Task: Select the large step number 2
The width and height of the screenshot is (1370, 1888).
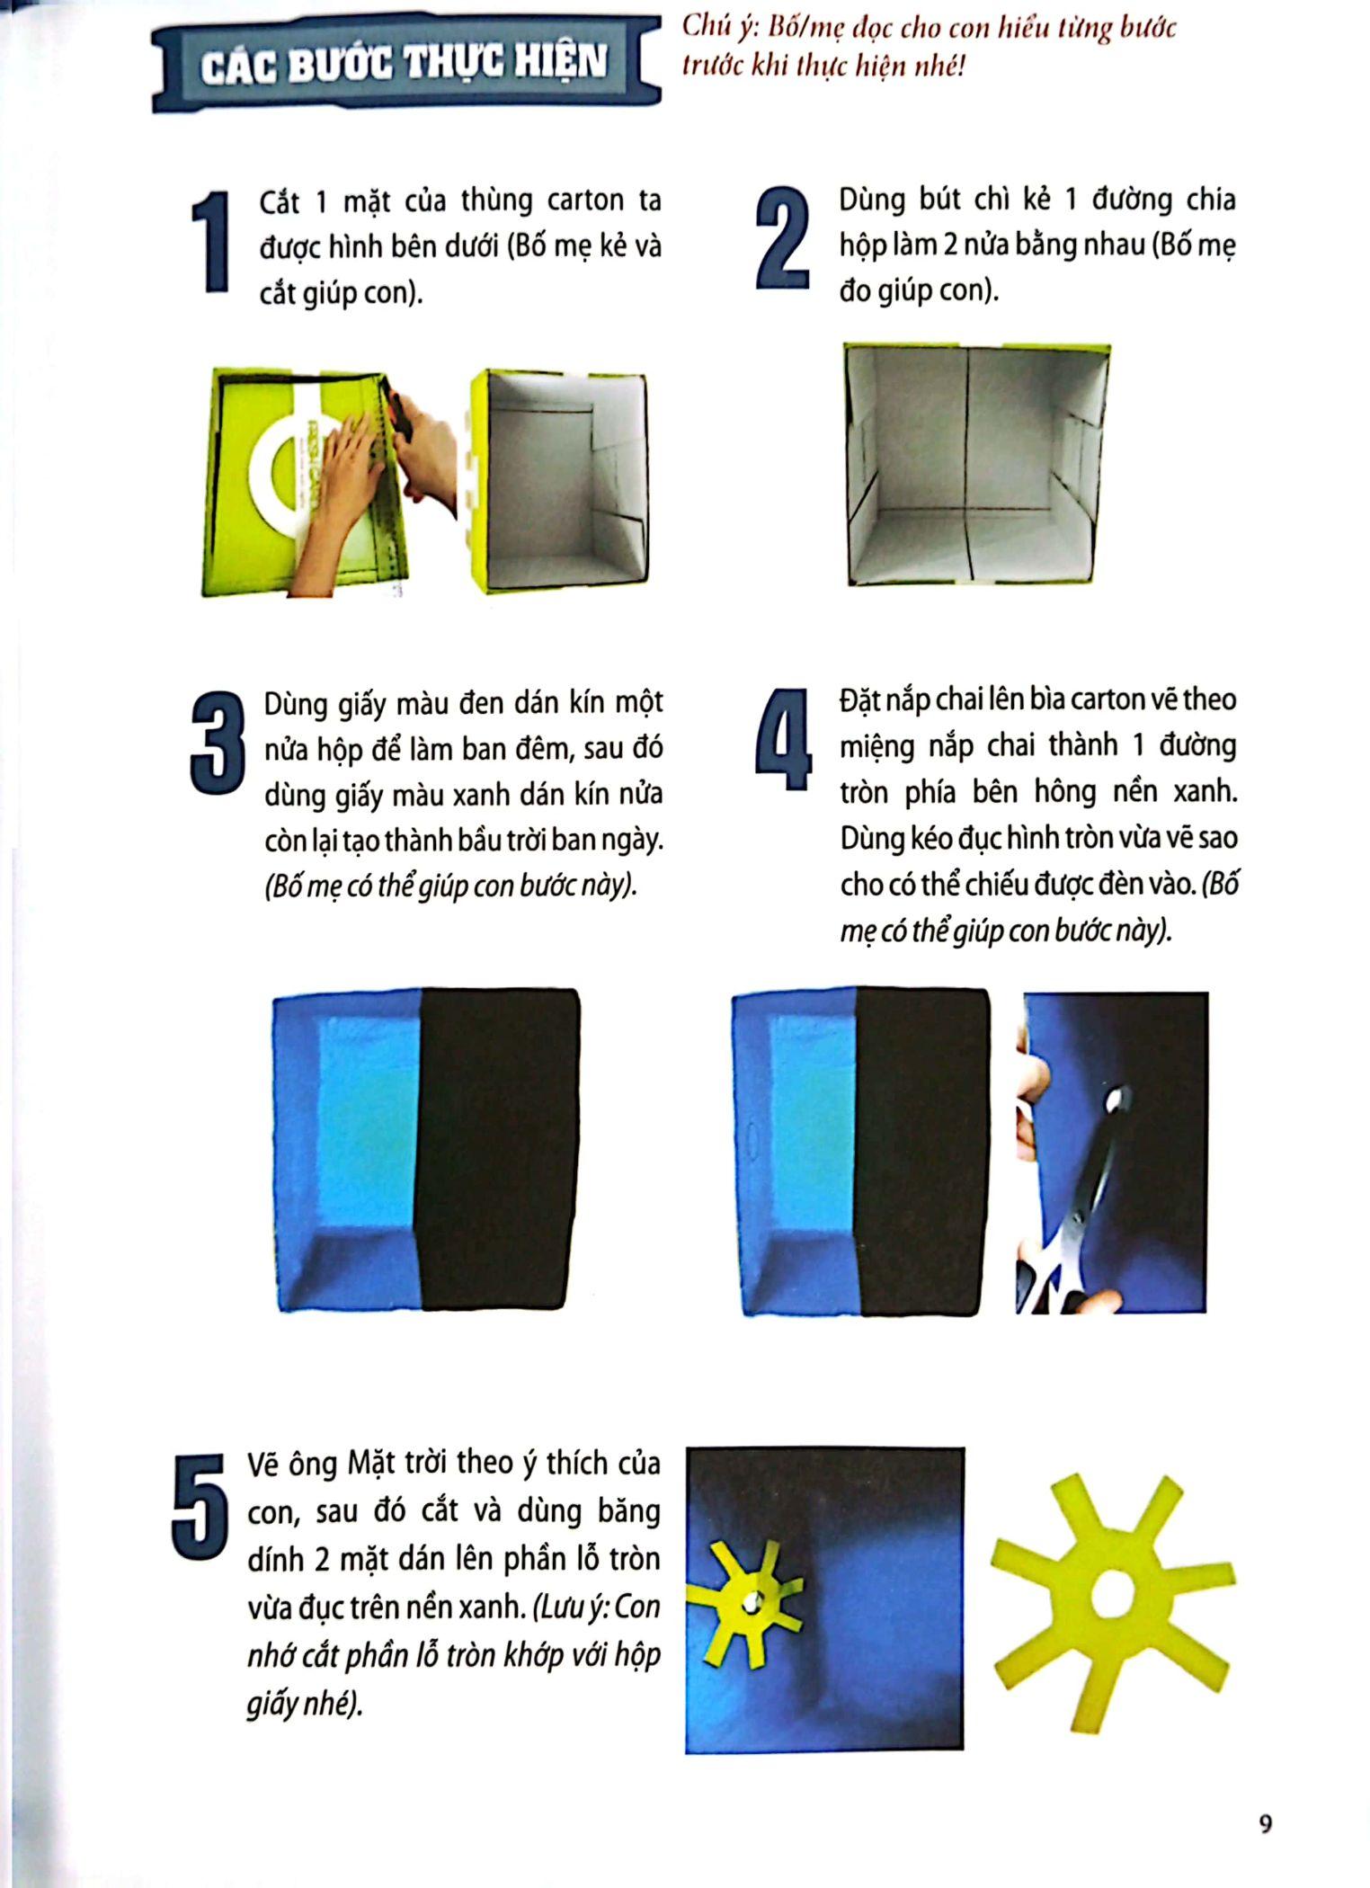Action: coord(783,237)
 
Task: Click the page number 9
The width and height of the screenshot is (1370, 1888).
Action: coord(1266,1823)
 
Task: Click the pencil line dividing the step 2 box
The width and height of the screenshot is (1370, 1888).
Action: coord(968,463)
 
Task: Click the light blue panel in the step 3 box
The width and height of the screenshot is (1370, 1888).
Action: coord(369,1125)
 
